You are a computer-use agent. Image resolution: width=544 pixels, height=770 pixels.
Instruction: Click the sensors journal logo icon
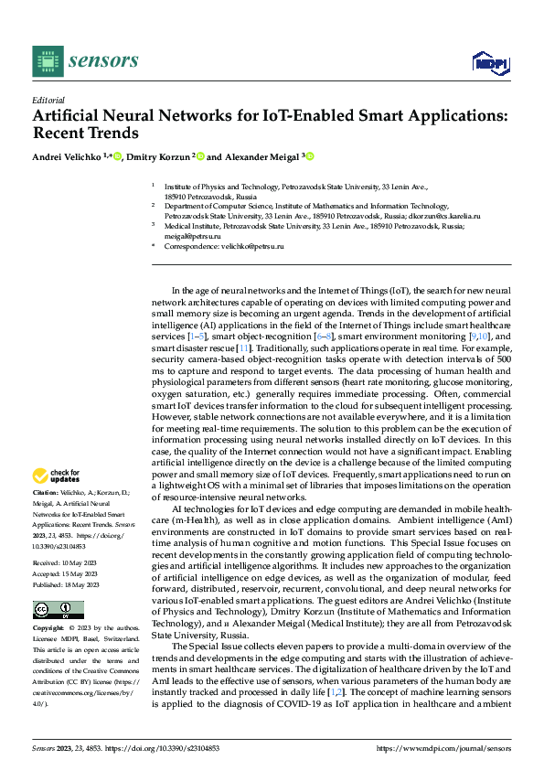[x=48, y=61]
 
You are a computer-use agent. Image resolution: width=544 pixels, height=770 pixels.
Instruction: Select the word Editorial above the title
[x=48, y=101]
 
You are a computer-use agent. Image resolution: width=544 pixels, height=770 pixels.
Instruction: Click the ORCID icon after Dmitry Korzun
[x=200, y=156]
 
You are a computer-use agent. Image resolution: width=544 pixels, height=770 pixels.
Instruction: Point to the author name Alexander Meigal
[x=261, y=156]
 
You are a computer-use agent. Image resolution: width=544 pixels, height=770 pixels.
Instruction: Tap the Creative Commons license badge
[x=58, y=610]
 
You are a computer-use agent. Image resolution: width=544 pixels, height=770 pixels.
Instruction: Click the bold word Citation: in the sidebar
[x=47, y=492]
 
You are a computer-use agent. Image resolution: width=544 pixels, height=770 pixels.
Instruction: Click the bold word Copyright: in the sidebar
[x=48, y=629]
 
